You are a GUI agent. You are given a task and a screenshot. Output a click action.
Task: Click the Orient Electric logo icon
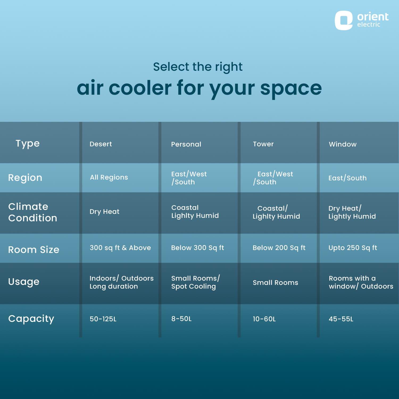tap(343, 20)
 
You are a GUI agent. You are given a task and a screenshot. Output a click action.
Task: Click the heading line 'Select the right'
tap(198, 67)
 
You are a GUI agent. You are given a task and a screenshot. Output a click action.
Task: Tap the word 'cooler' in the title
tap(140, 88)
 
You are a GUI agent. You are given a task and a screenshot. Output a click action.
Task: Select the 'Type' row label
tap(28, 143)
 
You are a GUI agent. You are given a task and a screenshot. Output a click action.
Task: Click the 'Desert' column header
tap(101, 144)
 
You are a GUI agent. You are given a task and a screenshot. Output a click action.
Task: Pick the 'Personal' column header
tap(186, 144)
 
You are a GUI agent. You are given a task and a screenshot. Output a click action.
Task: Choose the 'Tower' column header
tap(263, 144)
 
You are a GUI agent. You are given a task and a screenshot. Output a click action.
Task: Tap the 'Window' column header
tap(343, 144)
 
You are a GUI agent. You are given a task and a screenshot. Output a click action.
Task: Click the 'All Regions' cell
tap(109, 177)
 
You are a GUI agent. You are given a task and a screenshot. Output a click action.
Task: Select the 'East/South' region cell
tap(347, 178)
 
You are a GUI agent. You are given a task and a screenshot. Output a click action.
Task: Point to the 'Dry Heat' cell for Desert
tap(104, 211)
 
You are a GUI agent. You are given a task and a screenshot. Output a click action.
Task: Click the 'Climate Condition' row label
tap(32, 212)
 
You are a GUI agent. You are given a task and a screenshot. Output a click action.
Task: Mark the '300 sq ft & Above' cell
tap(120, 248)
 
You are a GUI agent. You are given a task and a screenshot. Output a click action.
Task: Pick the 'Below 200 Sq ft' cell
tap(279, 248)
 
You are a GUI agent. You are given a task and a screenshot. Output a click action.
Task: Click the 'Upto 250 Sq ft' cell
tap(353, 248)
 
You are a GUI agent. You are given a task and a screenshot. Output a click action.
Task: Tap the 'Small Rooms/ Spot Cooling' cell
tap(195, 282)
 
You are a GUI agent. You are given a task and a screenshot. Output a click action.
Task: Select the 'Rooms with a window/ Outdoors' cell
tap(361, 282)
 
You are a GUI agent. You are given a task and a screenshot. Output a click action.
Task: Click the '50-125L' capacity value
tap(103, 319)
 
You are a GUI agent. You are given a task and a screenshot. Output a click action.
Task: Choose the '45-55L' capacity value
tap(341, 319)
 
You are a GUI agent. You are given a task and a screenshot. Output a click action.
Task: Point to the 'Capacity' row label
tap(31, 318)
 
